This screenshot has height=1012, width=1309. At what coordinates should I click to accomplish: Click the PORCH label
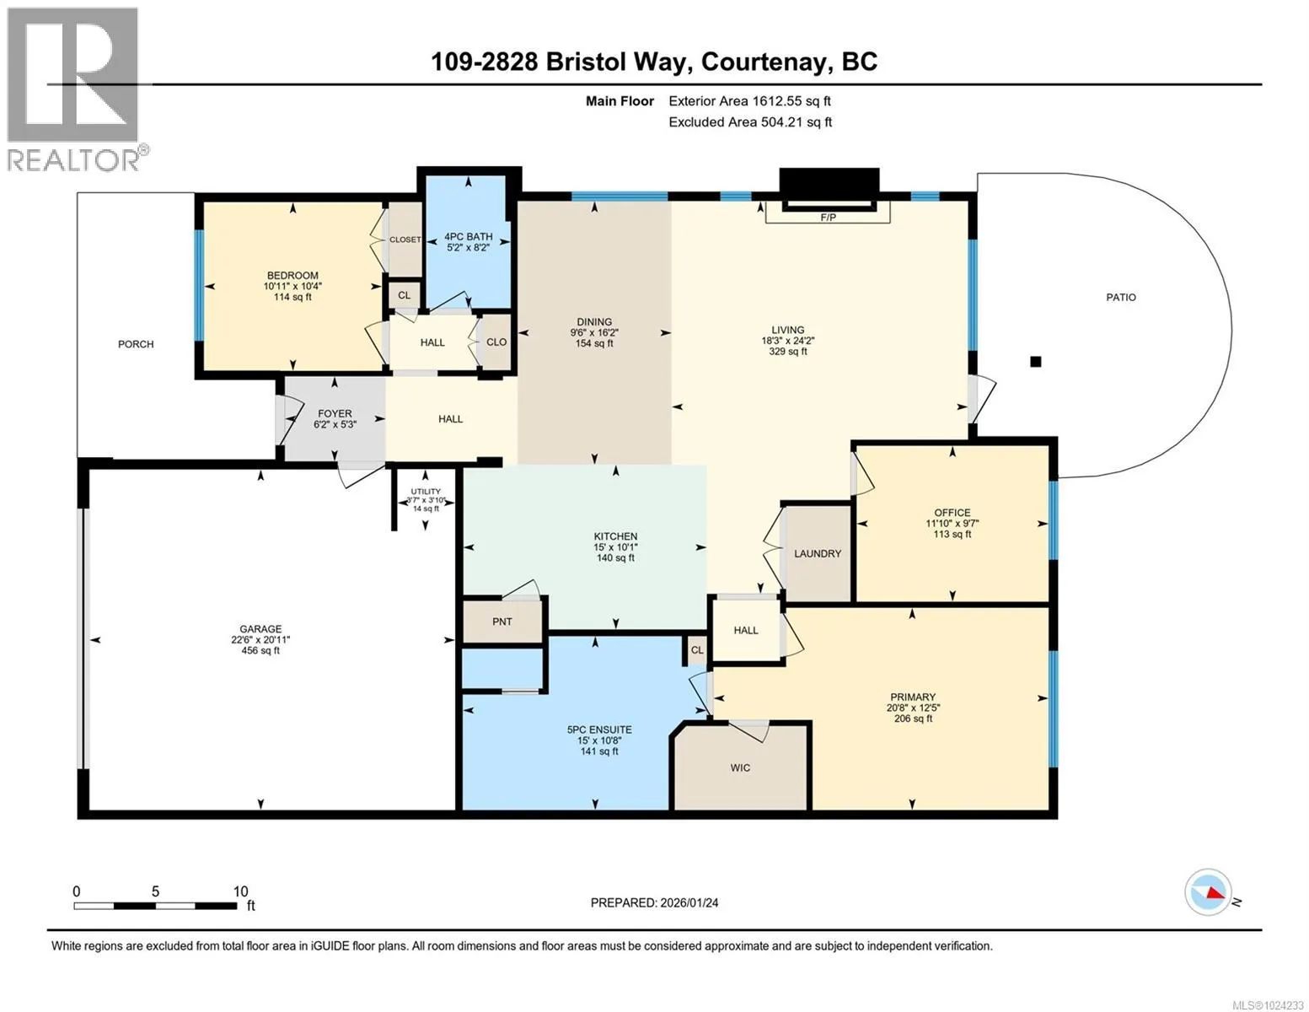coord(136,344)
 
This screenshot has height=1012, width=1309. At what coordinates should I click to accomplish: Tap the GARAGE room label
coord(260,628)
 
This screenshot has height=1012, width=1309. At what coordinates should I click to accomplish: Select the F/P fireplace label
coord(829,217)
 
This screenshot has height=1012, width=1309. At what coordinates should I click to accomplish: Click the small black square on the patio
coord(1036,362)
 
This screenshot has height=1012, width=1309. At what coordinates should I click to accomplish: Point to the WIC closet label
coord(740,768)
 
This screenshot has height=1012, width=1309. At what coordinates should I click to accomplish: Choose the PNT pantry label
coord(502,622)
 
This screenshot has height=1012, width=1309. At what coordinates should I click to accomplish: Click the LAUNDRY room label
coord(818,553)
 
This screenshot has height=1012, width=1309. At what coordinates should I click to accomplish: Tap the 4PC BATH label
coord(468,237)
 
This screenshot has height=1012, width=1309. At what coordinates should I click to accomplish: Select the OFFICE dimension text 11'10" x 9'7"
coord(952,523)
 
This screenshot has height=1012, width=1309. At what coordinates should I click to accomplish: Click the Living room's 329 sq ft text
coord(788,352)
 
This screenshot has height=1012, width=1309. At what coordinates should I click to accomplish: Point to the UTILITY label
coord(426,491)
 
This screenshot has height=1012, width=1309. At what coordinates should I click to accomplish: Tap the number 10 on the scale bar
coord(240,891)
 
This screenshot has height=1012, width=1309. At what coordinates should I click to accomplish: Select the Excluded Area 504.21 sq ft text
coord(750,121)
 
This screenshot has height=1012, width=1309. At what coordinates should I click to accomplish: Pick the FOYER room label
coord(335,413)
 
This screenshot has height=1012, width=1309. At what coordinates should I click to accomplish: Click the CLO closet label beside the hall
coord(496,342)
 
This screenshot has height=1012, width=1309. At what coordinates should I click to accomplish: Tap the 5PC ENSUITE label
coord(599,730)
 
